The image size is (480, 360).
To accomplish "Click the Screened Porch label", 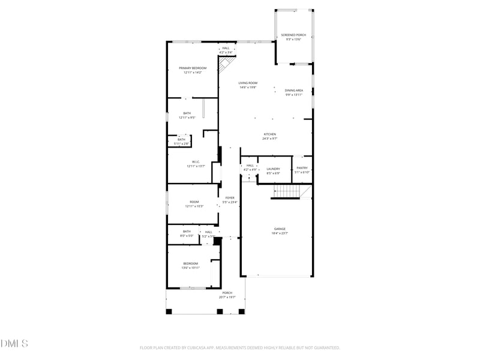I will [293, 35].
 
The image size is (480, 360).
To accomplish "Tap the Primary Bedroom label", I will [193, 68].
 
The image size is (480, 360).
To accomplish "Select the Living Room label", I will [248, 83].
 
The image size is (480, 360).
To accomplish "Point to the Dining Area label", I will [293, 91].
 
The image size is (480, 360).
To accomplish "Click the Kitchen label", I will [269, 134].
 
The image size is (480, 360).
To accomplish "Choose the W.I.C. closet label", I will [196, 162].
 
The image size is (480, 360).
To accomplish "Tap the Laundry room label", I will [273, 169].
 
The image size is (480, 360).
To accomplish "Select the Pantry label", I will [302, 169].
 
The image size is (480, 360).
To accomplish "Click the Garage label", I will [280, 229].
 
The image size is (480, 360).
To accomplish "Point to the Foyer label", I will [230, 198].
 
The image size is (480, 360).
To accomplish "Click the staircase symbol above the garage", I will [287, 192].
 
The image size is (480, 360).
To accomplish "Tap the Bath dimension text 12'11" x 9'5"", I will [187, 118].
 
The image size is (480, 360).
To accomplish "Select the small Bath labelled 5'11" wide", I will [181, 140].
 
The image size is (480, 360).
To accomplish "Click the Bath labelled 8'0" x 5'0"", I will [187, 232].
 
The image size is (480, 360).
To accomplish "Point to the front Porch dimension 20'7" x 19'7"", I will [227, 297].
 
